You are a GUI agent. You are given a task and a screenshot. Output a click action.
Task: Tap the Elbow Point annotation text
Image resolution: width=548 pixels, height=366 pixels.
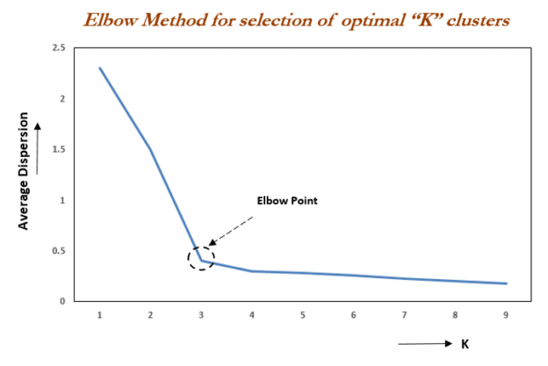pos(285,200)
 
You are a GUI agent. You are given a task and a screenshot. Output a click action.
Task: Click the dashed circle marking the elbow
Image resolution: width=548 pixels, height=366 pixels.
pos(201,257)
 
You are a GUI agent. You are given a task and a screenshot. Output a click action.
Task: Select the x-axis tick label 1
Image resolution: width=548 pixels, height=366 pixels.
pos(100,313)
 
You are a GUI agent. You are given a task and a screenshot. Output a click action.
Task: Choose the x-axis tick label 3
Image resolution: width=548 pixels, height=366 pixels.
pos(202,313)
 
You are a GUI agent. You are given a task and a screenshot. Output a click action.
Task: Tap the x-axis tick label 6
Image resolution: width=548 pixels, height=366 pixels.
pos(354,313)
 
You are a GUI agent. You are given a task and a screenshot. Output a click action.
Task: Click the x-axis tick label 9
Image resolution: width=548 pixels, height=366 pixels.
pos(506,313)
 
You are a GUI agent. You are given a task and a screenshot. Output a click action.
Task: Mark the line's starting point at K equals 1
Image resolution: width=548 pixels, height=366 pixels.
pos(100,68)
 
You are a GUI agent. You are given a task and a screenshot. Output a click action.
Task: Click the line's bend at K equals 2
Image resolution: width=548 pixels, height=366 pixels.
pos(151,149)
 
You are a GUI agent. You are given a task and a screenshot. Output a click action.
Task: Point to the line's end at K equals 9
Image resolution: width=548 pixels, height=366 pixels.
pos(507,283)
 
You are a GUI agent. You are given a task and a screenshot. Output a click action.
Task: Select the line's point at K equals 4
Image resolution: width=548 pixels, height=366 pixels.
pos(252,271)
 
